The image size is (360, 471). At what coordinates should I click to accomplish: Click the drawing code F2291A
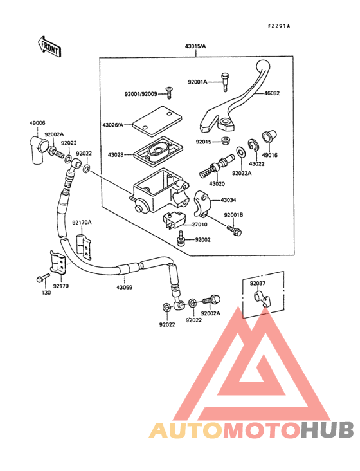pyautogui.click(x=279, y=26)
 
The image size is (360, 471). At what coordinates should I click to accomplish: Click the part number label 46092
pyautogui.click(x=271, y=93)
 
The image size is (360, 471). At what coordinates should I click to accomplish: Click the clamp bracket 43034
pyautogui.click(x=204, y=201)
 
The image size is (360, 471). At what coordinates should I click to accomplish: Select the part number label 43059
pyautogui.click(x=124, y=287)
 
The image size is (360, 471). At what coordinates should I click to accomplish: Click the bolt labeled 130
pyautogui.click(x=43, y=279)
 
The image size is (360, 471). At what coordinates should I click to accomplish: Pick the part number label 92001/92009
pyautogui.click(x=140, y=94)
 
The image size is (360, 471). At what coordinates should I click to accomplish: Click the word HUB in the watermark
pyautogui.click(x=328, y=429)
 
